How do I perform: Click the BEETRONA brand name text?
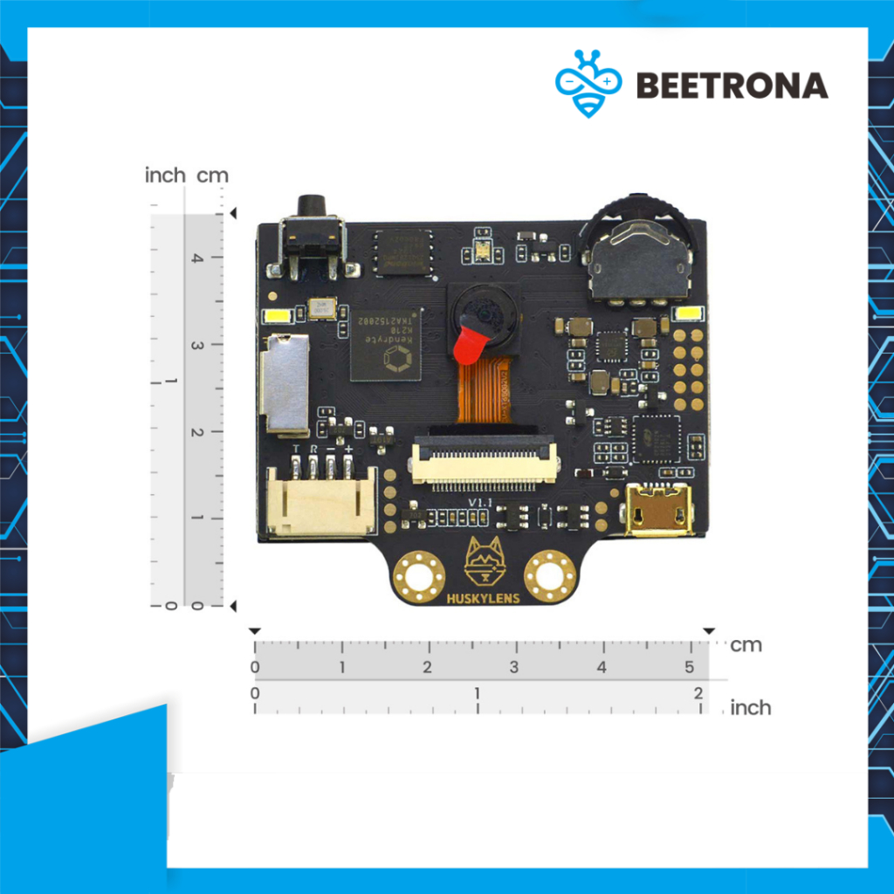732,85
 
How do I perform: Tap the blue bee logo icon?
588,83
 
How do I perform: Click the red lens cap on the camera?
469,340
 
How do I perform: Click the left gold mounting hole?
419,576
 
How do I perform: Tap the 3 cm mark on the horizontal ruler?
514,667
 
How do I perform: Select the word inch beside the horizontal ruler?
750,707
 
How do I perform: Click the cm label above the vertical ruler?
212,175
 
